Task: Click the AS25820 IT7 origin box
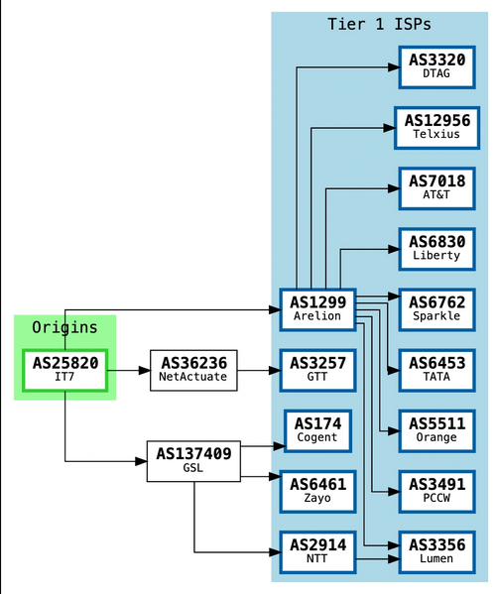tap(64, 370)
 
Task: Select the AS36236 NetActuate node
tap(192, 370)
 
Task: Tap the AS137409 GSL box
tap(193, 461)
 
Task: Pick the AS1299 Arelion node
tap(317, 308)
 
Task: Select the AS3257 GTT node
tap(317, 370)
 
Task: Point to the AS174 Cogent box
tap(317, 430)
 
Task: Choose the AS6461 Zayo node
tap(317, 491)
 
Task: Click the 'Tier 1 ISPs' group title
tap(379, 24)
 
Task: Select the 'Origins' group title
tap(64, 327)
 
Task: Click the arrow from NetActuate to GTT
tap(259, 371)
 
